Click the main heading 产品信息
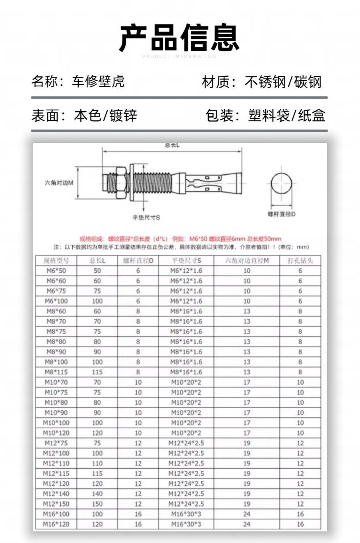pyautogui.click(x=179, y=38)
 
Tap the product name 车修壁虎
pyautogui.click(x=98, y=82)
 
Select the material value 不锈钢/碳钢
pyautogui.click(x=283, y=82)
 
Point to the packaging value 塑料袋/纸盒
pyautogui.click(x=286, y=116)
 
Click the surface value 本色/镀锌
pyautogui.click(x=106, y=116)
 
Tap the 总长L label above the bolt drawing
pyautogui.click(x=172, y=145)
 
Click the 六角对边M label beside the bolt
pyautogui.click(x=59, y=183)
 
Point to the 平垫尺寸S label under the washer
pyautogui.click(x=146, y=217)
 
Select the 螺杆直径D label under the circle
pyautogui.click(x=282, y=214)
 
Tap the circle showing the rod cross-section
pyautogui.click(x=281, y=184)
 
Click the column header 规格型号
pyautogui.click(x=56, y=261)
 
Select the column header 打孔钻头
pyautogui.click(x=300, y=261)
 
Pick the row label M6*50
pyautogui.click(x=56, y=271)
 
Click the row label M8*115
pyautogui.click(x=56, y=372)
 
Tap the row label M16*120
pyautogui.click(x=56, y=524)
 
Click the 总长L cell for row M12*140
pyautogui.click(x=97, y=493)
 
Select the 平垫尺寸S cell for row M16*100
pyautogui.click(x=186, y=514)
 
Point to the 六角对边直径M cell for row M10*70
pyautogui.click(x=247, y=382)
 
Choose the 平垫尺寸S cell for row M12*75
pyautogui.click(x=186, y=443)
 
